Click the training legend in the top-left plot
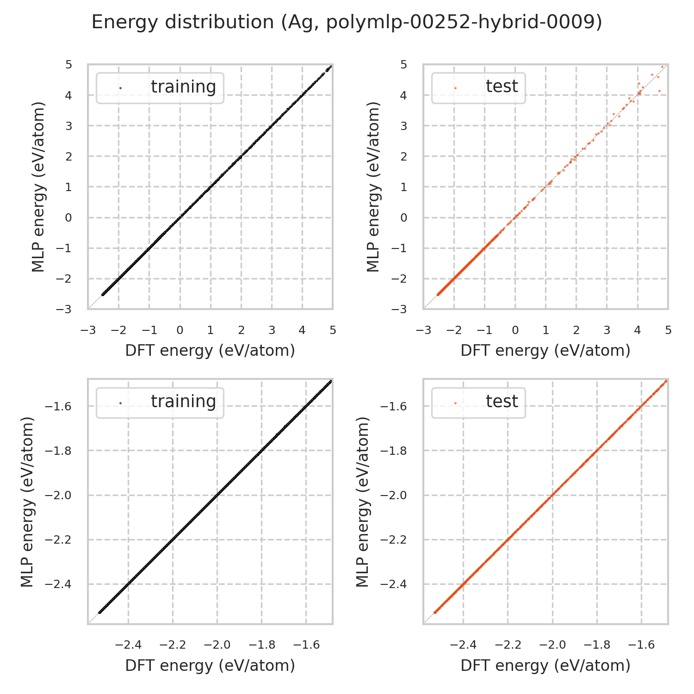point(160,87)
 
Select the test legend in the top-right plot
point(478,87)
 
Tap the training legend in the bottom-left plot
point(160,402)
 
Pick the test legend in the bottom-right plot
point(478,402)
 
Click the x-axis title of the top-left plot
point(210,351)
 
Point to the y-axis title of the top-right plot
point(373,186)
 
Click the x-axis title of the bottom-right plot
point(545,665)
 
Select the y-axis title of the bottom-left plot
point(28,502)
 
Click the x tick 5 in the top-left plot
point(333,330)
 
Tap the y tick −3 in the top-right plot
point(400,309)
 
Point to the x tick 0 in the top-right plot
point(515,330)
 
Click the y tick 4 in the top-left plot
point(68,96)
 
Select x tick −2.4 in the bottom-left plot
point(128,645)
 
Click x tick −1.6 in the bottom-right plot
point(641,645)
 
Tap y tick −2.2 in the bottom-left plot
point(58,540)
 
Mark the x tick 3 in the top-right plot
point(607,330)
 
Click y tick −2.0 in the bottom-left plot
point(58,496)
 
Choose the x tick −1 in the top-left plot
point(149,330)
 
